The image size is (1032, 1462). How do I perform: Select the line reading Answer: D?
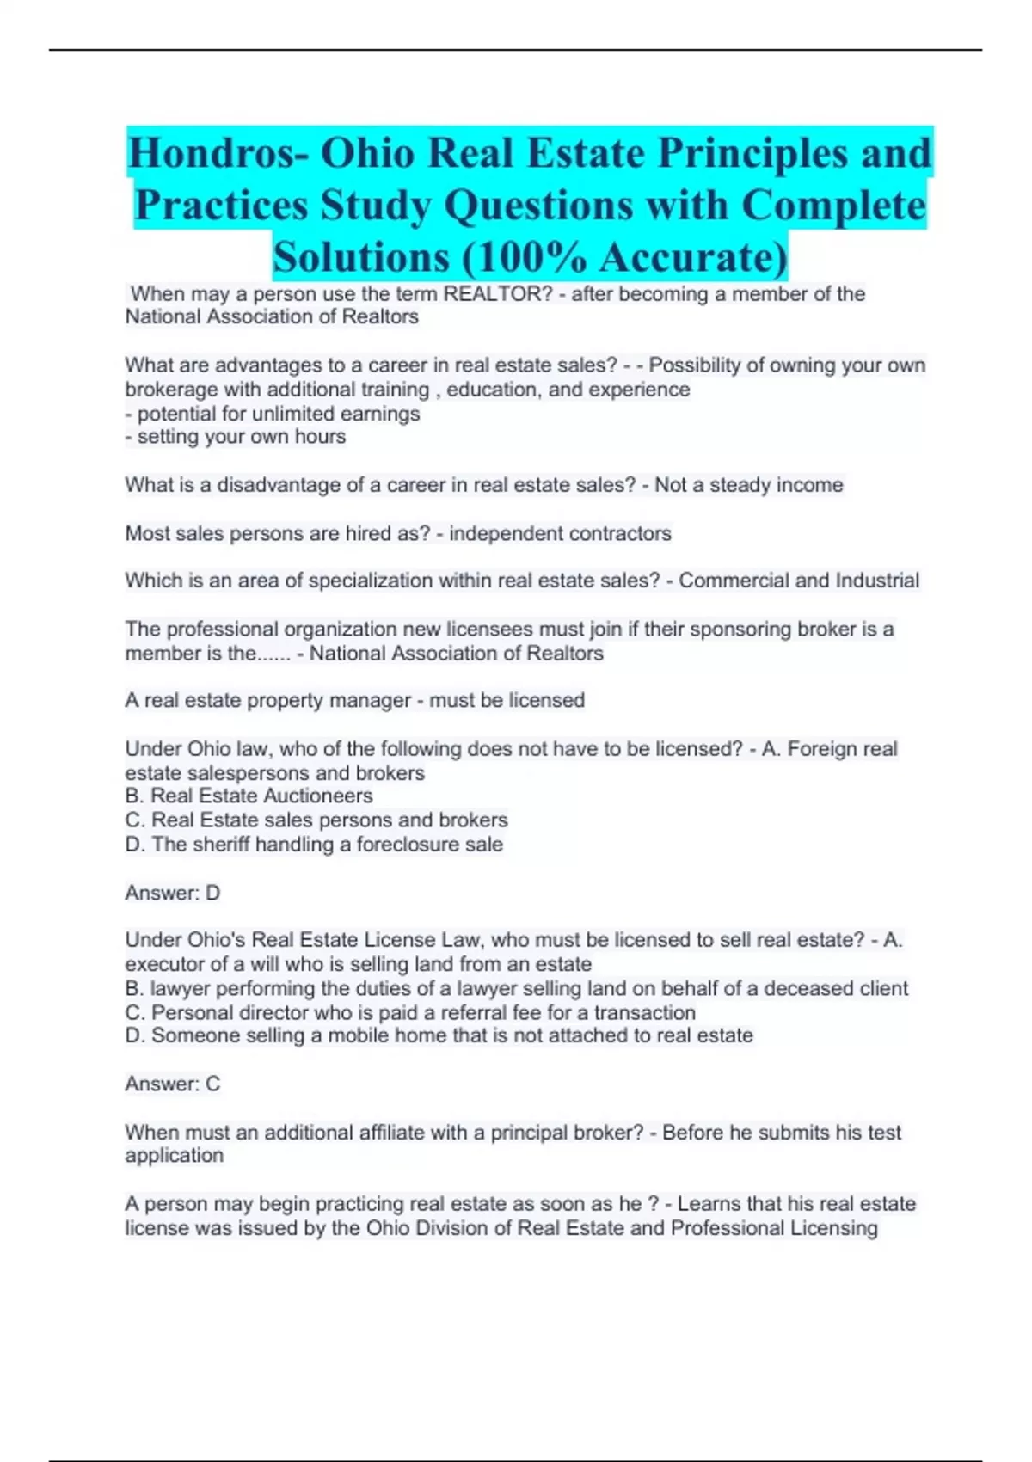click(x=173, y=893)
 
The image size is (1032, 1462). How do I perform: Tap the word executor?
click(x=160, y=964)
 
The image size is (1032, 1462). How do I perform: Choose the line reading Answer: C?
click(x=173, y=1084)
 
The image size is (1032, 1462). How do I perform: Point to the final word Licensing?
click(x=830, y=1227)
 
